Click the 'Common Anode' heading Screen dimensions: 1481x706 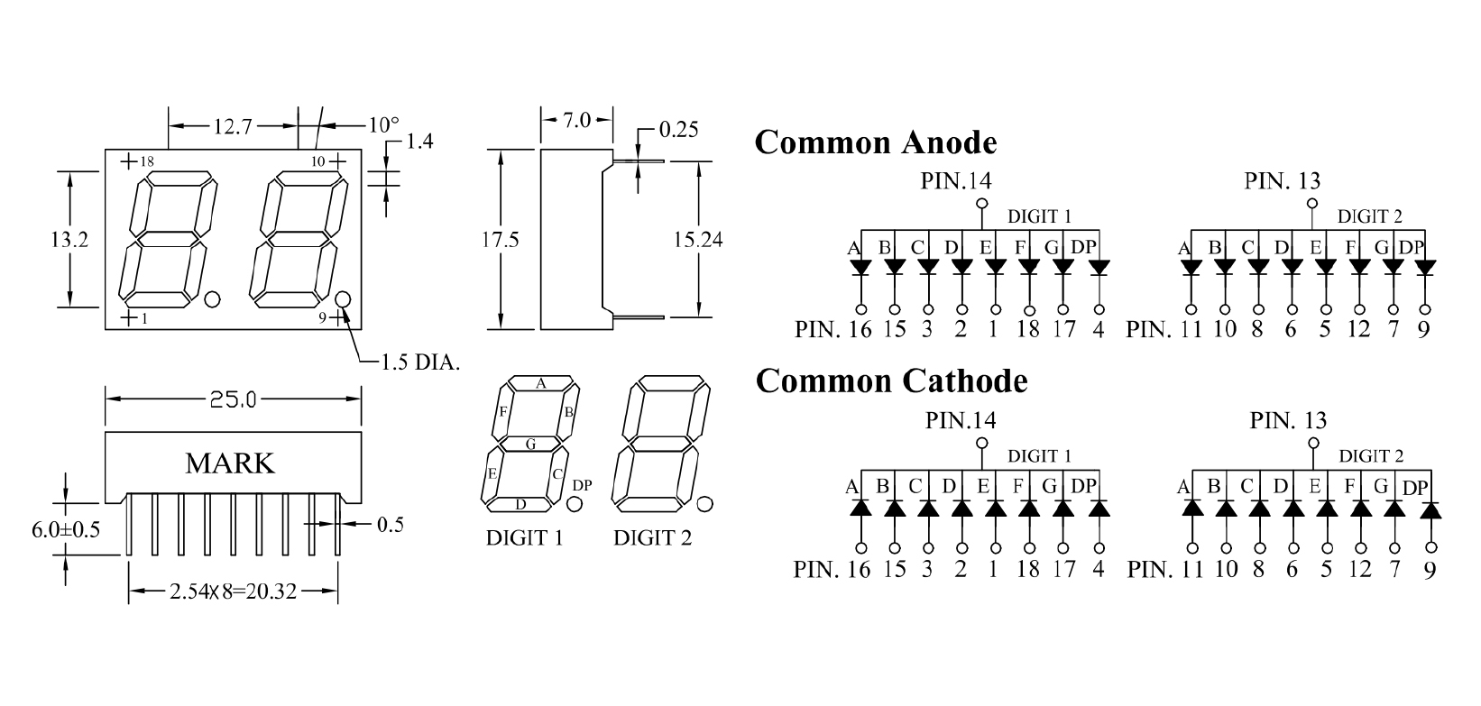pyautogui.click(x=876, y=142)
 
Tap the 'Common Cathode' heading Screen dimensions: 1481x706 pyautogui.click(x=891, y=381)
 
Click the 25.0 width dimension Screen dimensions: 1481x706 pyautogui.click(x=233, y=399)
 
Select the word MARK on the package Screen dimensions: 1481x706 pyautogui.click(x=229, y=463)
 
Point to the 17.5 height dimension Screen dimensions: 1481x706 pyautogui.click(x=500, y=239)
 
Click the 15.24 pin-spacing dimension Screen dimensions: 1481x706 pyautogui.click(x=698, y=239)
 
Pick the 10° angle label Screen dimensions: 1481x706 pyautogui.click(x=384, y=125)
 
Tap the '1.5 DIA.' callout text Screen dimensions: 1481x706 pyautogui.click(x=420, y=362)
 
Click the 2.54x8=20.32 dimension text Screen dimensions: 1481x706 pyautogui.click(x=233, y=591)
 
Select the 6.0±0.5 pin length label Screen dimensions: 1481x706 pyautogui.click(x=66, y=529)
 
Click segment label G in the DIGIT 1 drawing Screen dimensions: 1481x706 pyautogui.click(x=530, y=445)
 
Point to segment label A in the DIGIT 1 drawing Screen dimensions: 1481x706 pyautogui.click(x=541, y=383)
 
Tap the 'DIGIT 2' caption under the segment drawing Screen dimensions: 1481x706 pyautogui.click(x=653, y=538)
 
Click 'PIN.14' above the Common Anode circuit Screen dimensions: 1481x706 pyautogui.click(x=956, y=180)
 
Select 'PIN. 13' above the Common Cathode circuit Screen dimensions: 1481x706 pyautogui.click(x=1288, y=420)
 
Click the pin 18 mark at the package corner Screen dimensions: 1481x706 pyautogui.click(x=147, y=161)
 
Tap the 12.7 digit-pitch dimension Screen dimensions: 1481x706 pyautogui.click(x=233, y=125)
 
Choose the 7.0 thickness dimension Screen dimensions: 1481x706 pyautogui.click(x=576, y=120)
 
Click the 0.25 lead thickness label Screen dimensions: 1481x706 pyautogui.click(x=679, y=130)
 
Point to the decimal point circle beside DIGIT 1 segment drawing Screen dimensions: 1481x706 pyautogui.click(x=575, y=504)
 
